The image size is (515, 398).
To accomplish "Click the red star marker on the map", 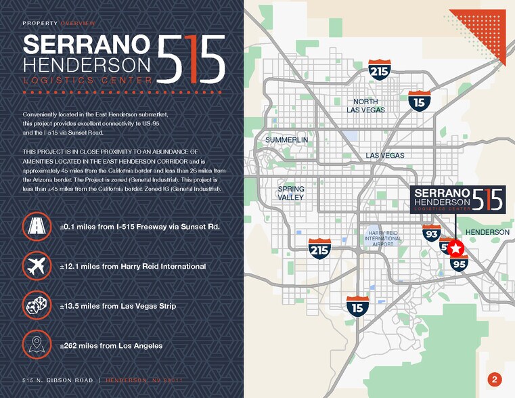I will tap(455, 248).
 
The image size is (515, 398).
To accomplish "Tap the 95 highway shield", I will tap(459, 263).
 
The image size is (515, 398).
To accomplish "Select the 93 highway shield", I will tap(432, 234).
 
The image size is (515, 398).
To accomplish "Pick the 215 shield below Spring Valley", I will tap(319, 249).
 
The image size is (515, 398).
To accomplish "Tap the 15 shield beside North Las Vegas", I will tap(420, 101).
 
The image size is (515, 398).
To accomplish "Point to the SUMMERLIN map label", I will tap(286, 140).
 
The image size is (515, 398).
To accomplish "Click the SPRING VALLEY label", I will tap(291, 193).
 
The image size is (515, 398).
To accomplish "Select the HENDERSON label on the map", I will tap(487, 232).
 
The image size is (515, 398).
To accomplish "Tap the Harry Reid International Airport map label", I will tap(382, 238).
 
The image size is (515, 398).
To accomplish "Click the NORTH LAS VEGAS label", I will tap(366, 106).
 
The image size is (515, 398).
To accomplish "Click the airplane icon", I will tap(36, 266).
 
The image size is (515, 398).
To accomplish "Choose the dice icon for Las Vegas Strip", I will tap(36, 306).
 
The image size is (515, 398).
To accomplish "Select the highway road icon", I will tap(36, 226).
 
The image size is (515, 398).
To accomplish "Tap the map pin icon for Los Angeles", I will tap(36, 345).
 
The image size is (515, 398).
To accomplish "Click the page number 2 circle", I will tap(495, 379).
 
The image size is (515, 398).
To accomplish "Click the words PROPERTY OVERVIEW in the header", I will tap(59, 24).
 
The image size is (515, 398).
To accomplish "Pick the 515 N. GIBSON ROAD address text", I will tap(58, 380).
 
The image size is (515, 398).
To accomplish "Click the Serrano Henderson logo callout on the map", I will tap(459, 200).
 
